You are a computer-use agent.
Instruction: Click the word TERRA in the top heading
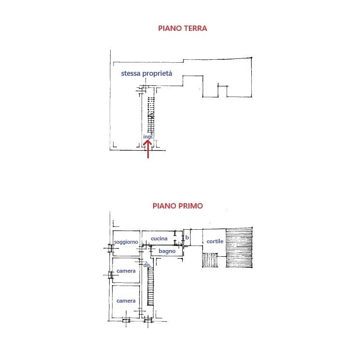pos(193,28)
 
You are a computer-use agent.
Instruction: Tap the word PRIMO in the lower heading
pos(190,206)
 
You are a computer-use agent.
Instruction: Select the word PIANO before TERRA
pos(170,28)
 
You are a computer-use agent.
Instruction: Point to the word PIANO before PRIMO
pos(164,206)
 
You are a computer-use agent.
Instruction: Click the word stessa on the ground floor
pos(132,74)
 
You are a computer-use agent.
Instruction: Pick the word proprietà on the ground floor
pos(159,74)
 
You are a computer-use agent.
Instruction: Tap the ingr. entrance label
pos(148,137)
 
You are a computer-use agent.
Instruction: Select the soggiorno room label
pos(126,242)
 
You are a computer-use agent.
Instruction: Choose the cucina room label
pos(159,239)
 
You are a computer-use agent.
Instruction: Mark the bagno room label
pos(167,251)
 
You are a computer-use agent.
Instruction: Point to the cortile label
pos(215,241)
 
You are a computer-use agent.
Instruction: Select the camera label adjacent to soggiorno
pos(126,271)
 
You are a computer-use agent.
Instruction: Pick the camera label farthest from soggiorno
pos(126,301)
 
